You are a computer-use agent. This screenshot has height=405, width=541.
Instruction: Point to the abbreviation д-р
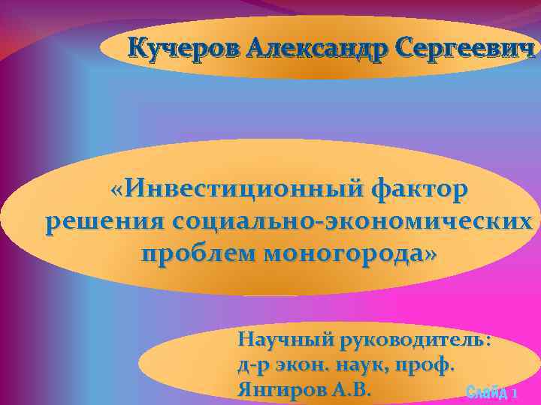tap(254, 366)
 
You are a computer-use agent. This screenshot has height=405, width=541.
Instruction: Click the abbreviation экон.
tap(304, 366)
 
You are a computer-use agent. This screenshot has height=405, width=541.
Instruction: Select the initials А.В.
tap(352, 390)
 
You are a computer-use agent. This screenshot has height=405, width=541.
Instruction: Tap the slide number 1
tap(515, 392)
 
